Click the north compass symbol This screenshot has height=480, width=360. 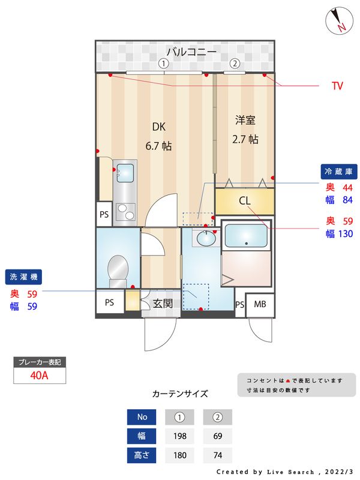coord(339,20)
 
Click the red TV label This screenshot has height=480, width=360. coord(337,86)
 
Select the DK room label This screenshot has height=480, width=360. coord(158,127)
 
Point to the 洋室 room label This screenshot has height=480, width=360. coord(245,120)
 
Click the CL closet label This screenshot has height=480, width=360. coord(245,201)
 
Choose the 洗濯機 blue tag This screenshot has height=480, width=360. coord(24,277)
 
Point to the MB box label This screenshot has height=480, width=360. coord(260,304)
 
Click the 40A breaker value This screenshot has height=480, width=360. coord(39,376)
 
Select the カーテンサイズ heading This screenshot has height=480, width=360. coord(180,394)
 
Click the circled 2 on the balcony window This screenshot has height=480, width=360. coord(235,63)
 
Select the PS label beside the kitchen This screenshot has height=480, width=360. coord(104,214)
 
